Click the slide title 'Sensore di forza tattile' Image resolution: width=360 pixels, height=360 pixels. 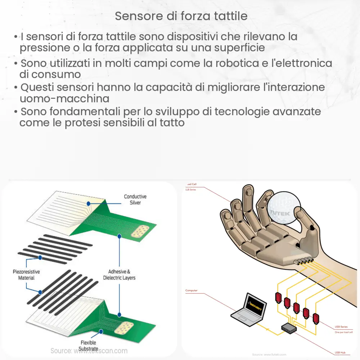click(x=181, y=16)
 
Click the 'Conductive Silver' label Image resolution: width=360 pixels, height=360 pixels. click(x=135, y=199)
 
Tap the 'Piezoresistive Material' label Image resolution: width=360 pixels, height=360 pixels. click(x=26, y=275)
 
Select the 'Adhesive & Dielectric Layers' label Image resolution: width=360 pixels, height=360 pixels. click(x=119, y=275)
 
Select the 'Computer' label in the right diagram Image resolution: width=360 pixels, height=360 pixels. click(x=191, y=290)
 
